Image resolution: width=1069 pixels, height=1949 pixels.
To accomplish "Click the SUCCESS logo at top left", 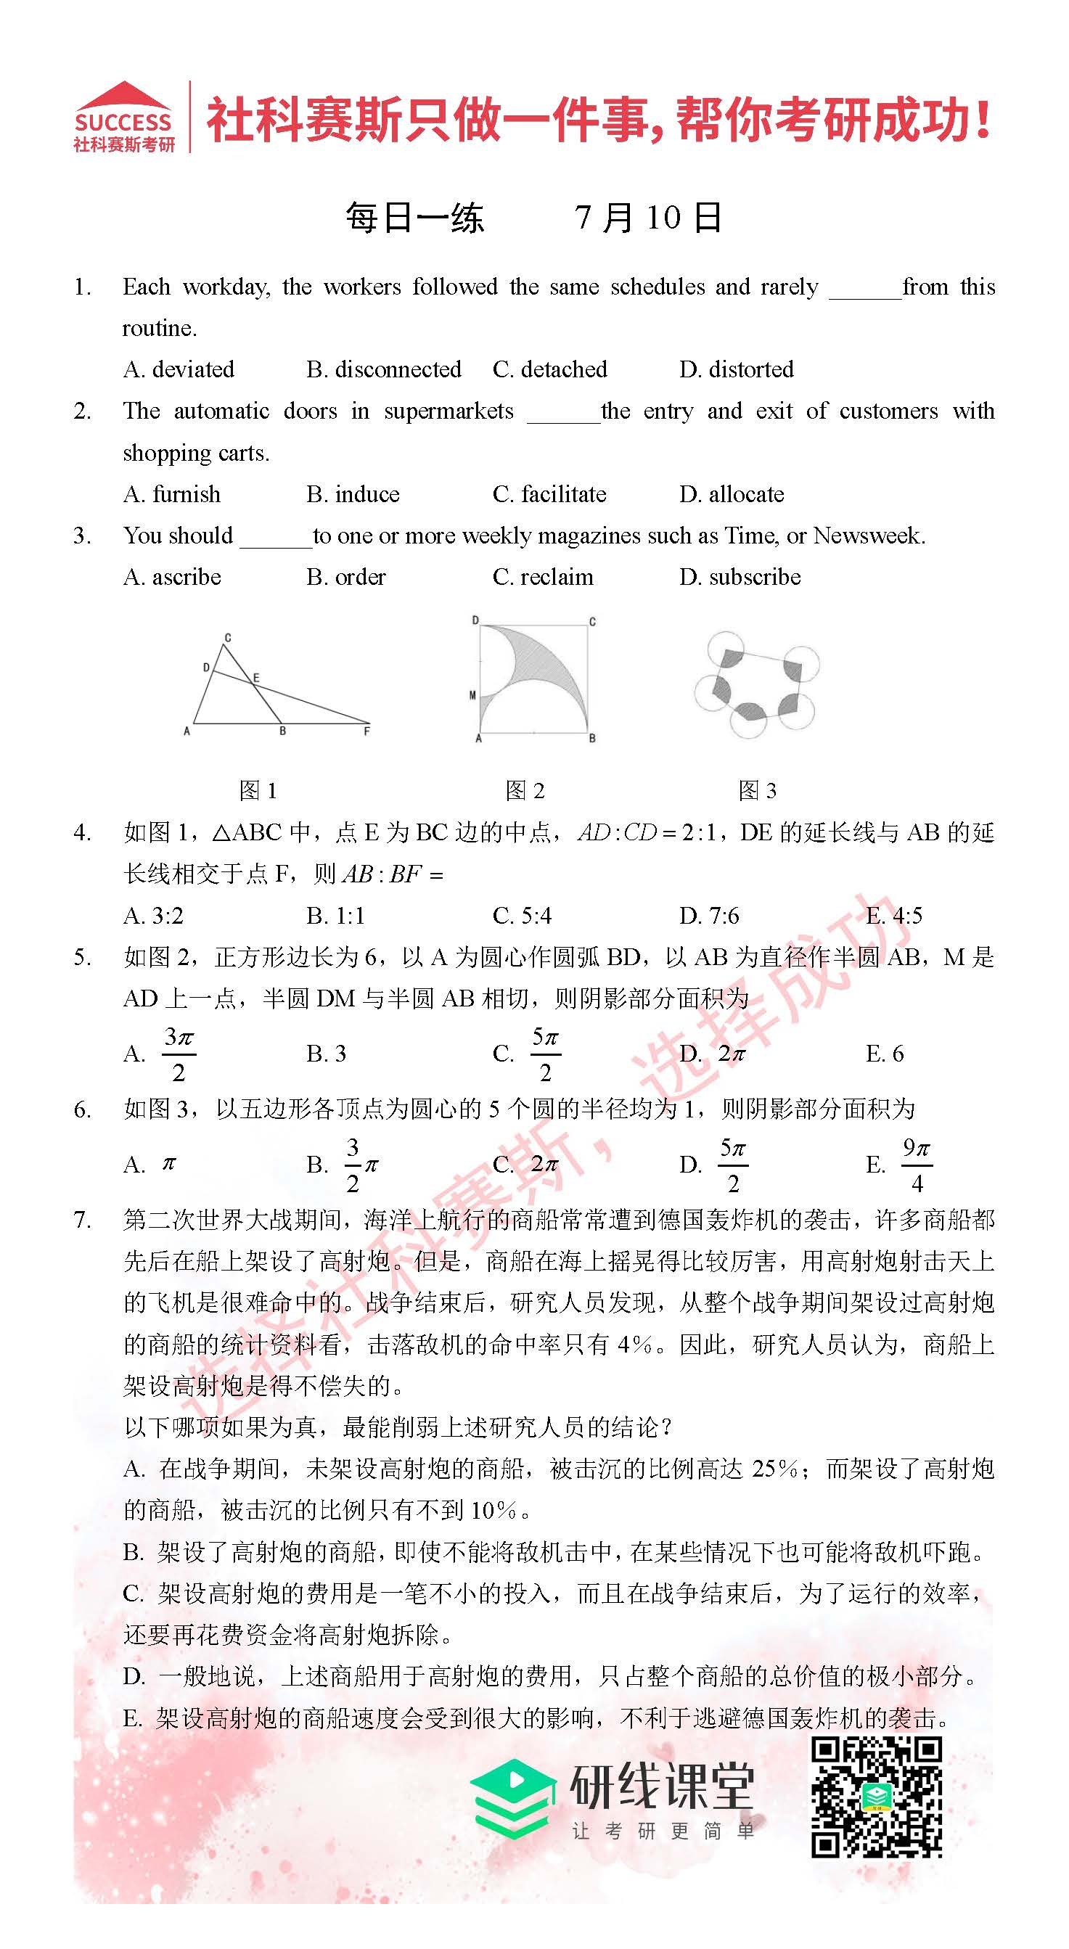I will pos(124,118).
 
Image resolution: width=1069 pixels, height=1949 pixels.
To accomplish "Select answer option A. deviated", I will pos(179,369).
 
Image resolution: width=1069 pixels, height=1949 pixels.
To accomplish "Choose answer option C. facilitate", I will pos(549,494).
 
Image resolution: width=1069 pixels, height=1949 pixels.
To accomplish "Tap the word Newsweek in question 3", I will pos(868,536).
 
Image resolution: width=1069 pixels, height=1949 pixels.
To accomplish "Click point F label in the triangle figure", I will pos(367,731).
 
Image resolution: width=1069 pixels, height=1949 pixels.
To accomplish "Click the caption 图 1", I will pos(258,791).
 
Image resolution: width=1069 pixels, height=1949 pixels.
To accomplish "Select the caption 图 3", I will pos(758,791).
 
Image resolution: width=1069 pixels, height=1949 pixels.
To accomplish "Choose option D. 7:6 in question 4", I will pos(709,916).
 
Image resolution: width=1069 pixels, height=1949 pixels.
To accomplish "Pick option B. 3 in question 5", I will pos(326,1053).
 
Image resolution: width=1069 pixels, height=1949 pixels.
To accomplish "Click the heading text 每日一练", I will pos(414,218).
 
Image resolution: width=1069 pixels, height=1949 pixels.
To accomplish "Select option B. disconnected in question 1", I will pos(384,369).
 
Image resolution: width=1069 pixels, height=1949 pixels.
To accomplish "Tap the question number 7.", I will pos(82,1220).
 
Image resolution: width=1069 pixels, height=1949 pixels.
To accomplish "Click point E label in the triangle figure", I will pos(256,678).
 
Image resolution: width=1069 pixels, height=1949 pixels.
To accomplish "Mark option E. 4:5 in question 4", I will pos(894,916).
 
